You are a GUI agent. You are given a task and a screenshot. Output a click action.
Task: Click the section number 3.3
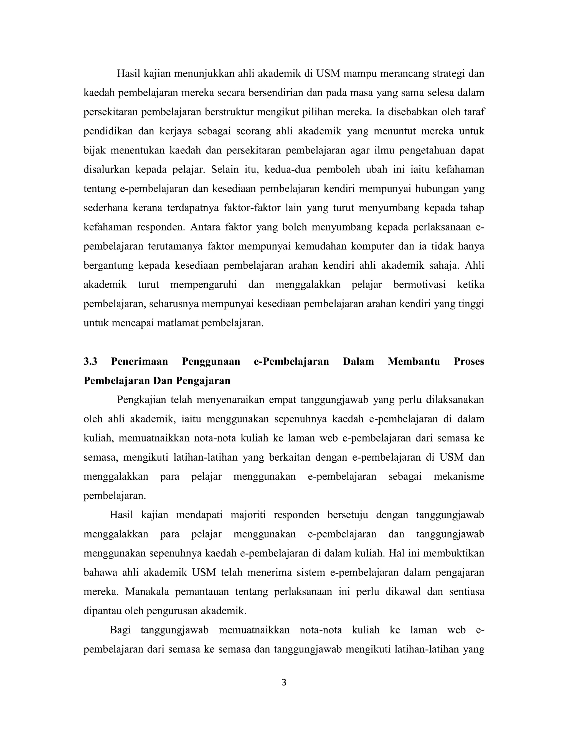coord(90,362)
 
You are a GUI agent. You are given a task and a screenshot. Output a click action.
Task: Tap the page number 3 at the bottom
coord(284,682)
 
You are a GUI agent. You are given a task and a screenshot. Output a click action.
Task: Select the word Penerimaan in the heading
coord(139,362)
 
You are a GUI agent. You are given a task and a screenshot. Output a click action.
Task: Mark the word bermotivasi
coord(420,285)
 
